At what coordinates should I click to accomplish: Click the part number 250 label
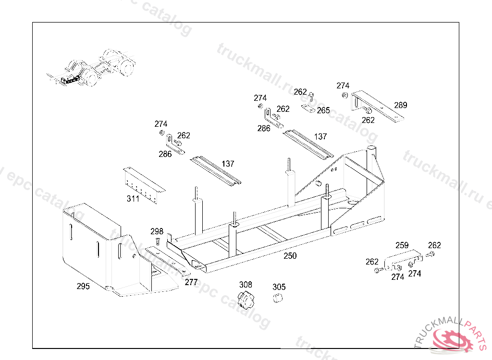(x=290, y=256)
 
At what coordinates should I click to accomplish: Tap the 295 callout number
(x=83, y=286)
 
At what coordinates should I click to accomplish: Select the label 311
(x=133, y=199)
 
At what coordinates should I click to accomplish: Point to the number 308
(x=246, y=285)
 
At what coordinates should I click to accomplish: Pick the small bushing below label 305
(x=277, y=298)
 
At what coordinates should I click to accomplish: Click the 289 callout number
(x=400, y=105)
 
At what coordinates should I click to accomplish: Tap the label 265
(x=323, y=110)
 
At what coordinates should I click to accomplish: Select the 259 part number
(x=402, y=245)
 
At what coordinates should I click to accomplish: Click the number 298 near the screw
(x=157, y=231)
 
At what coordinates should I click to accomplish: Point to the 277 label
(x=191, y=282)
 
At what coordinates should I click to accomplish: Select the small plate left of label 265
(x=308, y=108)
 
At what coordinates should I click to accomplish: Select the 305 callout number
(x=279, y=287)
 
